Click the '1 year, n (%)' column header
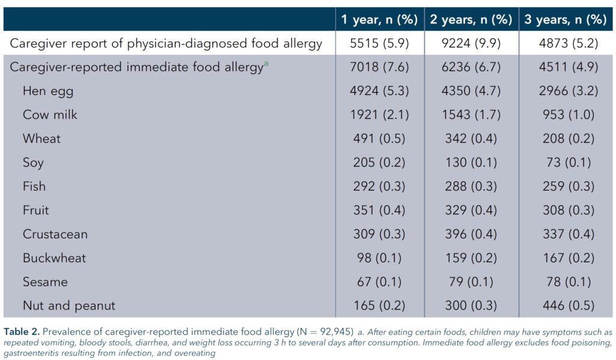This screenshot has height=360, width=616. click(x=380, y=19)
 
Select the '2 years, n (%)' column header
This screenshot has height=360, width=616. click(x=470, y=19)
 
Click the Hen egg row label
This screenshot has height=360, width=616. click(x=49, y=91)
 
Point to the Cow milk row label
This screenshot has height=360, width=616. click(x=50, y=115)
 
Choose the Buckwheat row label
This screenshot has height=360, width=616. click(x=54, y=258)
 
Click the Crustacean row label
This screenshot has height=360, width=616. click(x=55, y=234)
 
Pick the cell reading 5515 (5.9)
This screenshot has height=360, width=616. click(x=380, y=43)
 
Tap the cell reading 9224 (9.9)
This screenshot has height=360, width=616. click(x=470, y=43)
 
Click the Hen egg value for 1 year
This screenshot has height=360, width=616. click(x=380, y=91)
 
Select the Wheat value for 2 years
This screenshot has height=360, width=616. click(x=470, y=139)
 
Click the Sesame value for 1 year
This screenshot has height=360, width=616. click(x=380, y=282)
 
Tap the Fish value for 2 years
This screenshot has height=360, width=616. click(x=470, y=187)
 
